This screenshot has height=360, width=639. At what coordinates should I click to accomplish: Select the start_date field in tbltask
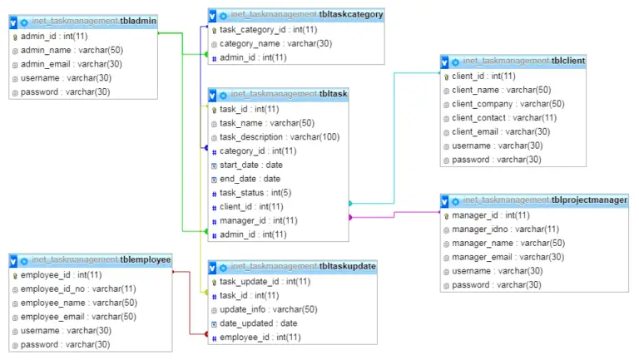coord(250,165)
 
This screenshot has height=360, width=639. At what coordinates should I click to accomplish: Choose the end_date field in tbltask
coord(250,179)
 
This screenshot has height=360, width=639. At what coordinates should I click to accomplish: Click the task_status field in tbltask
coord(255,193)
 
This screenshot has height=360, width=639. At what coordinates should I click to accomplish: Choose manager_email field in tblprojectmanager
coord(508,257)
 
